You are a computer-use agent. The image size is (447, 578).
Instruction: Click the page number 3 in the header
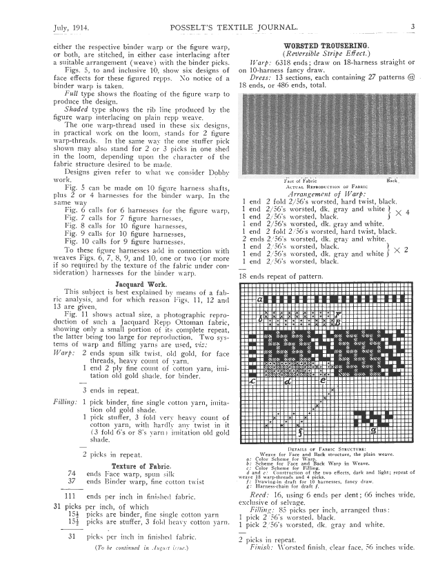coord(412,27)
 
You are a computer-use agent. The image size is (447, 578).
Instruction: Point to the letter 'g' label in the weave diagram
coord(393,430)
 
